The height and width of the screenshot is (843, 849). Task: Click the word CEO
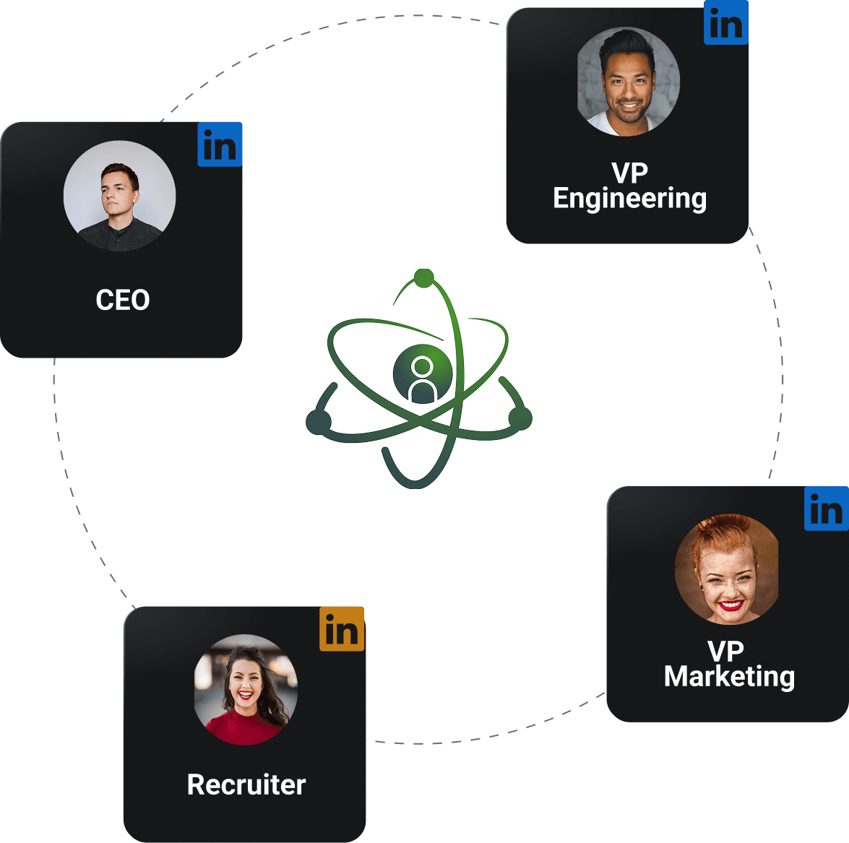(x=123, y=300)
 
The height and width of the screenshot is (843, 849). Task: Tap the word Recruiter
(x=246, y=784)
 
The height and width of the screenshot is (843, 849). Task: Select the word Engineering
(x=629, y=199)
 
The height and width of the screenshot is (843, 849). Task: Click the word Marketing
(x=729, y=677)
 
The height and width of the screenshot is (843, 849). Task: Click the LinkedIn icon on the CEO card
(x=220, y=145)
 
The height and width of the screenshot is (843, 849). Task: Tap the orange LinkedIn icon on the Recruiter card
(x=342, y=629)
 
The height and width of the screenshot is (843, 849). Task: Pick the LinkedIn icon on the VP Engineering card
(x=726, y=24)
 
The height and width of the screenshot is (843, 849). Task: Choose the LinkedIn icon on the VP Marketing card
(x=827, y=509)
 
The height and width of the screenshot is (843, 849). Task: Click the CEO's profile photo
(x=119, y=196)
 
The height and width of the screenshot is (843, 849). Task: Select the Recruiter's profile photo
(x=246, y=690)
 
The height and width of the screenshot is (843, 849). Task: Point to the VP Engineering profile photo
(x=629, y=82)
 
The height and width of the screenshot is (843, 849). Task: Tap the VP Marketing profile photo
(x=727, y=570)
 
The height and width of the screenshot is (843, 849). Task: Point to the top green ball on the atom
(x=423, y=278)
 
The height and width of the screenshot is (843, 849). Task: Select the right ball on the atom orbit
(x=520, y=418)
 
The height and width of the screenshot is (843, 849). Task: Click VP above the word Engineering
(x=629, y=173)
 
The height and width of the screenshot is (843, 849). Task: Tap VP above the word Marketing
(x=725, y=652)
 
